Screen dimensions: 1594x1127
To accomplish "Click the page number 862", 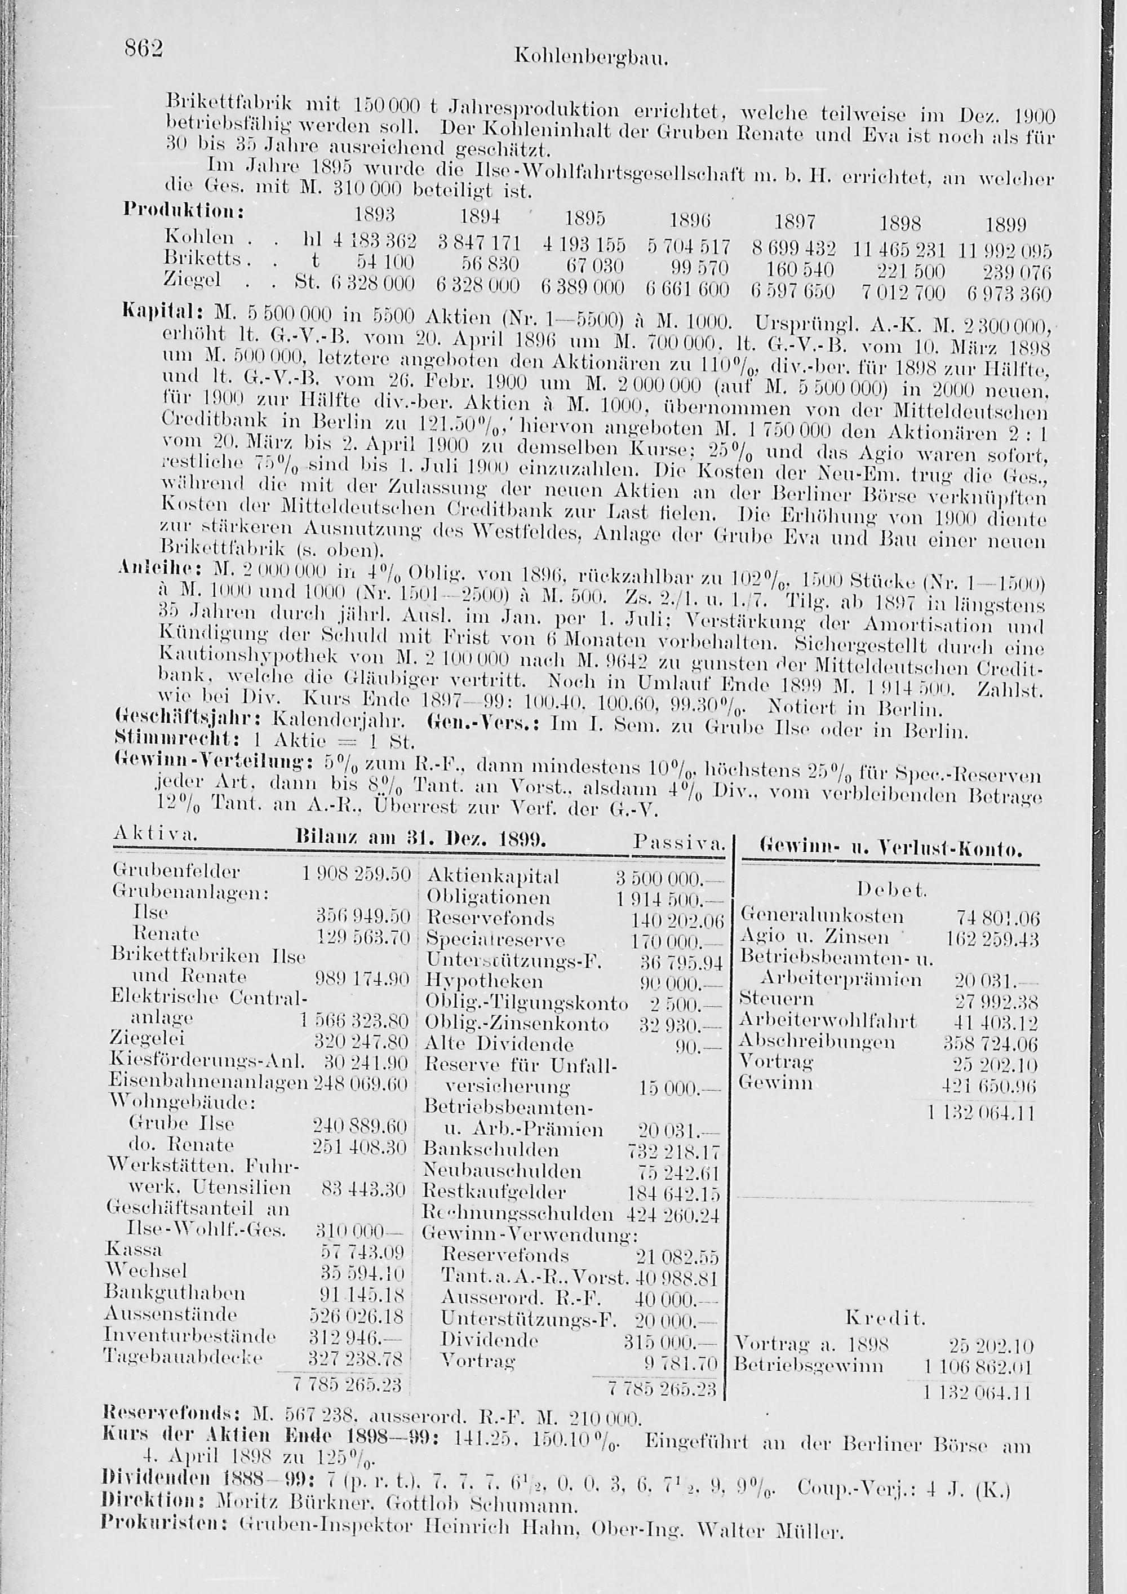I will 143,48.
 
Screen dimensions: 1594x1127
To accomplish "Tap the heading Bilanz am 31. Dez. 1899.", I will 422,839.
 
